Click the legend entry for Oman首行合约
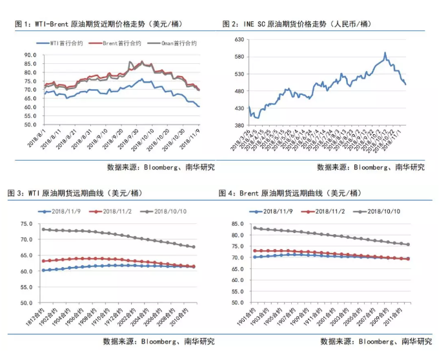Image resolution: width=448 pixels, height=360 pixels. point(179,43)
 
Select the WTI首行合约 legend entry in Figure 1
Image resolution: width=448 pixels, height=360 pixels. point(66,43)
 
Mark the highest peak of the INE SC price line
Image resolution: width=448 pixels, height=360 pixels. point(385,53)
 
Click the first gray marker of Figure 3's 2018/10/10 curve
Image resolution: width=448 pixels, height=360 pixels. point(43,229)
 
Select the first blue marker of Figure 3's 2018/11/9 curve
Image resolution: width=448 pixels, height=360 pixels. point(43,270)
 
